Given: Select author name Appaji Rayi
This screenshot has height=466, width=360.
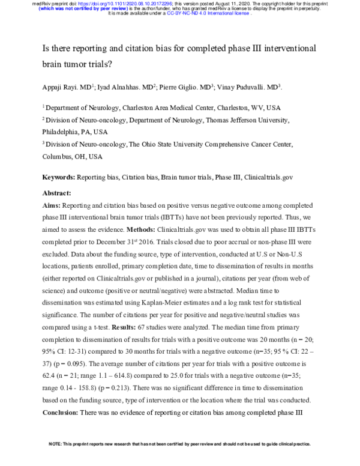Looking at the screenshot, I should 59,87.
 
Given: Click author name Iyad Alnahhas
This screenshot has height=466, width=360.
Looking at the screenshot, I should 120,87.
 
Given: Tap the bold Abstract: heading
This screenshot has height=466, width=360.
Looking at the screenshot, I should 56,193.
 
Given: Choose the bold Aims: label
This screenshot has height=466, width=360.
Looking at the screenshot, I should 51,205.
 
